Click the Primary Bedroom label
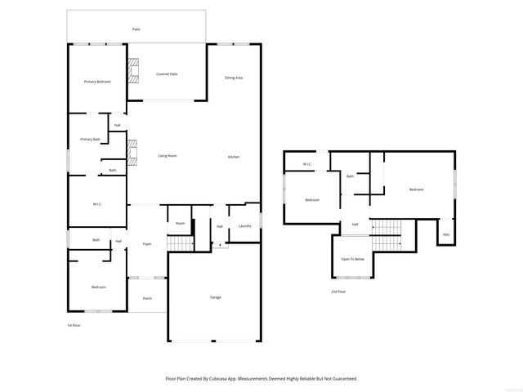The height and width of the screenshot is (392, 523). click(97, 82)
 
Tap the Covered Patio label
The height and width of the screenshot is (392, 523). click(167, 74)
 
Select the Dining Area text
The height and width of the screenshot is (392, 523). click(234, 78)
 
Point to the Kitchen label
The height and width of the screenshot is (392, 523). click(233, 157)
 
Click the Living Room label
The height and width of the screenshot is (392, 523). click(167, 156)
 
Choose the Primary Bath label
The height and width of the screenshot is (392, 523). click(90, 140)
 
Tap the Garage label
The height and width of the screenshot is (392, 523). click(216, 297)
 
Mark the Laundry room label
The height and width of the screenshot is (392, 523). click(244, 226)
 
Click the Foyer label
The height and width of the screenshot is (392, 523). click(147, 244)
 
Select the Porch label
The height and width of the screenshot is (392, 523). click(147, 298)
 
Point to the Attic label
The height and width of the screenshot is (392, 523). click(445, 234)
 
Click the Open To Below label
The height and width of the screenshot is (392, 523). click(352, 259)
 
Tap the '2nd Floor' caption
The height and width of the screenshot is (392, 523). click(338, 292)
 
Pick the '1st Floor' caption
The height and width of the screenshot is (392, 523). click(74, 325)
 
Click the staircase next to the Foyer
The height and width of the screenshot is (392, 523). click(180, 243)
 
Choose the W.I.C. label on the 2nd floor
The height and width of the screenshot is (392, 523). click(306, 165)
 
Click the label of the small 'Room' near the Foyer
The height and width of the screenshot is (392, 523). click(180, 223)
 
